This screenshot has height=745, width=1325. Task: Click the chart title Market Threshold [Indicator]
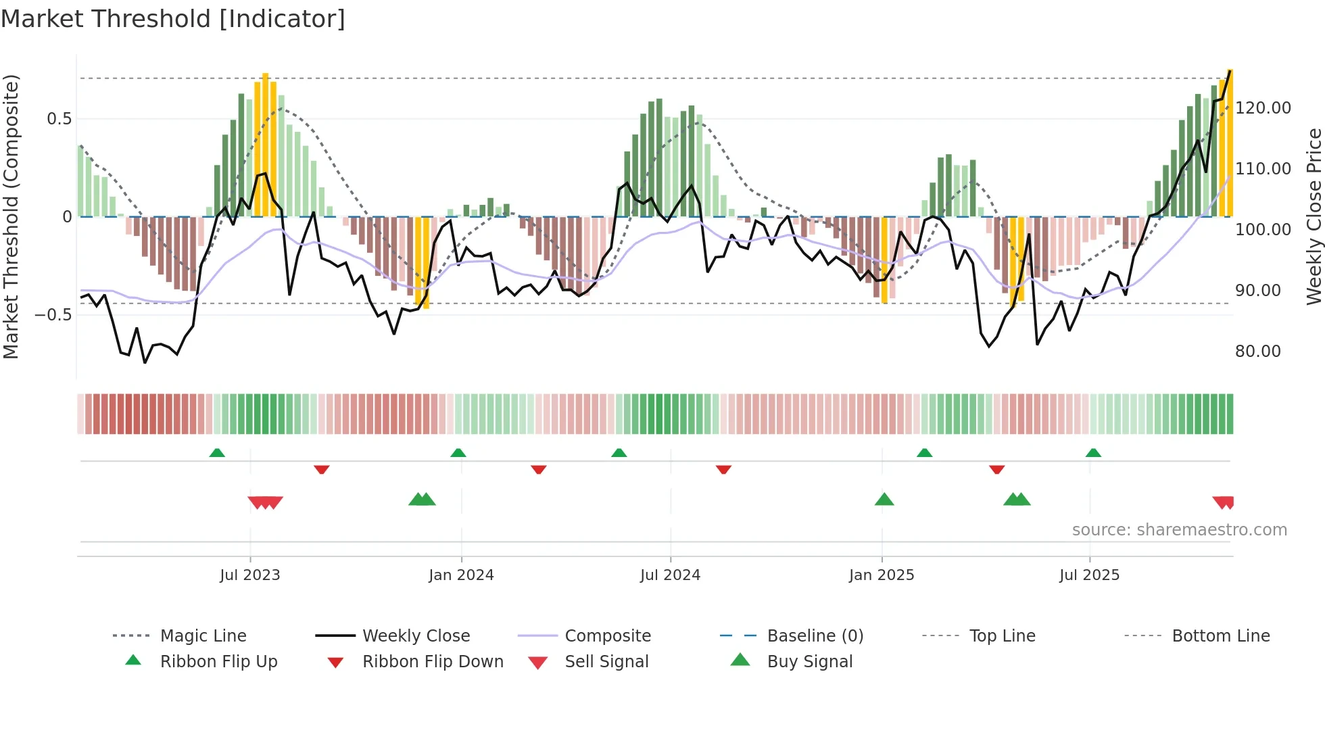tap(173, 19)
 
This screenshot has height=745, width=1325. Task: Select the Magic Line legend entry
tap(203, 635)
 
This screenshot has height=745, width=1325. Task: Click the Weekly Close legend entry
tap(416, 635)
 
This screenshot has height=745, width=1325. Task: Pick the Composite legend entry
tap(607, 635)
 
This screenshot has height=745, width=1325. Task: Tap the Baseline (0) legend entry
tap(815, 635)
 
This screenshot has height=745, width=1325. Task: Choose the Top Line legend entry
tap(1002, 635)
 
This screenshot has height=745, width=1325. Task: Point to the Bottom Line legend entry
tap(1220, 635)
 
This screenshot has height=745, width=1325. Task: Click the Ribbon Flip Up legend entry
tap(218, 661)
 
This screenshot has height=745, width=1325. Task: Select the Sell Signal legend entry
tap(606, 661)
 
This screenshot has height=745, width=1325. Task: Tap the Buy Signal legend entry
tap(809, 661)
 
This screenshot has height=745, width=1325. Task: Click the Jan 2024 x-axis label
tap(461, 575)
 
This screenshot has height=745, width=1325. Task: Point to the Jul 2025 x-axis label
tap(1089, 575)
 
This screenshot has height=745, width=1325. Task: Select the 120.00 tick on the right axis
tap(1263, 108)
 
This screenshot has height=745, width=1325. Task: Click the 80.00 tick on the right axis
tap(1257, 352)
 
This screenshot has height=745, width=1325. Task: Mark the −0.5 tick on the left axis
tap(53, 315)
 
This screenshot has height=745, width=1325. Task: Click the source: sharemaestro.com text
tap(1179, 530)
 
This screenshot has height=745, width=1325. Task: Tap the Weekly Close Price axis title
tap(1314, 216)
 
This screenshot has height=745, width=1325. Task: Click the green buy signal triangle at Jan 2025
tap(884, 500)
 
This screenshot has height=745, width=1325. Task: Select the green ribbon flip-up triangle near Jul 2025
tap(1093, 452)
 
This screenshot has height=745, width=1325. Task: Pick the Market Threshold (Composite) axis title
tap(11, 216)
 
